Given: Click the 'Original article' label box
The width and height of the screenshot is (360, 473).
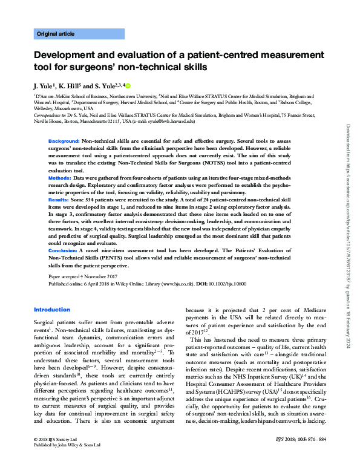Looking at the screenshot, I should tap(79, 34).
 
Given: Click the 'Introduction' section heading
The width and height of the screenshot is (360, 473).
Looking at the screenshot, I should tap(52, 310).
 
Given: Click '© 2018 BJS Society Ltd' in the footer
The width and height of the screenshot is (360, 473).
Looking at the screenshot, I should tap(58, 452).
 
